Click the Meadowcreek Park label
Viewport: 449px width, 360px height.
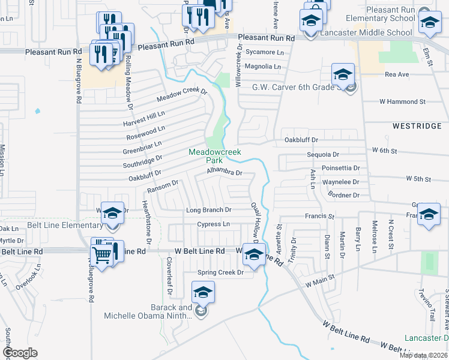215,157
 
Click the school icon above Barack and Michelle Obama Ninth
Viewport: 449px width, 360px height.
203,293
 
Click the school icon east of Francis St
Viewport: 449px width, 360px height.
429,215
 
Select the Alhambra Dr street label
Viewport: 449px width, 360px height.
224,173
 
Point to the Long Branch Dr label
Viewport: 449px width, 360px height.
208,210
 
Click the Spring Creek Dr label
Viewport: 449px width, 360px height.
221,272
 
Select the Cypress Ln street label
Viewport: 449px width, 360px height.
213,224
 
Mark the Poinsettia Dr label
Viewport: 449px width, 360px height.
340,169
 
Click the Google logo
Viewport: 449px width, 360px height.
20,353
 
